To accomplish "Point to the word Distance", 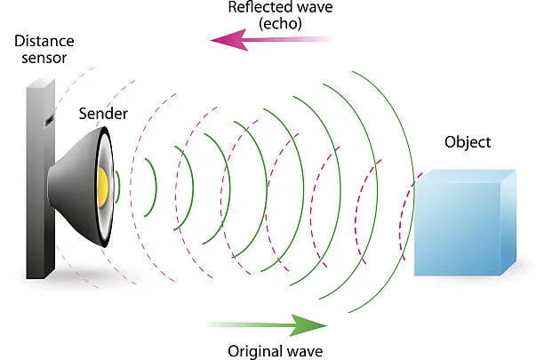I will click(44, 40).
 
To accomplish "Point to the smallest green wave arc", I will click(151, 187).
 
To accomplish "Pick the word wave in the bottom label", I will click(306, 350).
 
